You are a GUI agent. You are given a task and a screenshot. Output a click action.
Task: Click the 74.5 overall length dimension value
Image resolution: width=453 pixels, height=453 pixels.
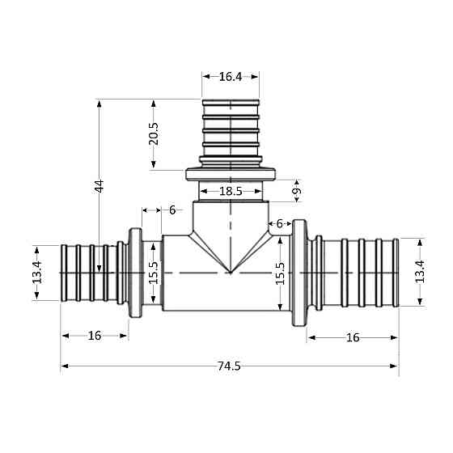click(229, 366)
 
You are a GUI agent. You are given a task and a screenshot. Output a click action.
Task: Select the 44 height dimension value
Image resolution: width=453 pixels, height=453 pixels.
click(99, 185)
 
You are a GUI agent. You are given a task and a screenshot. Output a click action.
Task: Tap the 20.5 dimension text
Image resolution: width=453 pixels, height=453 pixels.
click(154, 134)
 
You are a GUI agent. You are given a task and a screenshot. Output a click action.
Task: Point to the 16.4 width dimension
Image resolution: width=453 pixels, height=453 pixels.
click(231, 77)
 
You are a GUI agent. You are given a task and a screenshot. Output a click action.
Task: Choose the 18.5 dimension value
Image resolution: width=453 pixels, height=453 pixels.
click(231, 192)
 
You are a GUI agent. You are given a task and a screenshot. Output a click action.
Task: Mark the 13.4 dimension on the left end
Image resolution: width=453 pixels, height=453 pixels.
click(36, 273)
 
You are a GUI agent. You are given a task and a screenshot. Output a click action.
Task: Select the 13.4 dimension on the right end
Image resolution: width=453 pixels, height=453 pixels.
click(419, 273)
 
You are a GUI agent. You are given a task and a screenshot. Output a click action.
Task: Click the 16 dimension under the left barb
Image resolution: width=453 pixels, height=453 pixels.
click(95, 336)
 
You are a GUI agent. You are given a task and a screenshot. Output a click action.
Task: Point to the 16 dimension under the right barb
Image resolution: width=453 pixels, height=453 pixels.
click(352, 337)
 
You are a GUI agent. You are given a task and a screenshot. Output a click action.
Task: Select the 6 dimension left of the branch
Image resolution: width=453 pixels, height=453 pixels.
click(171, 210)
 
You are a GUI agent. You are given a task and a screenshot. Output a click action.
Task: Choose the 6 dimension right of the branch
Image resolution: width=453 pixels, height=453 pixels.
click(280, 223)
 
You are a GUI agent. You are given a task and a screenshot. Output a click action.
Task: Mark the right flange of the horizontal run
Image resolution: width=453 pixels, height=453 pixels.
click(299, 273)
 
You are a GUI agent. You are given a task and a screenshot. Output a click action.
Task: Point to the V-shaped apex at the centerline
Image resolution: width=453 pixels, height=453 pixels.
click(231, 273)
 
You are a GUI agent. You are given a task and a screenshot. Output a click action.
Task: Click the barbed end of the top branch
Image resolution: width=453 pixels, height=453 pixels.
click(231, 129)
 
